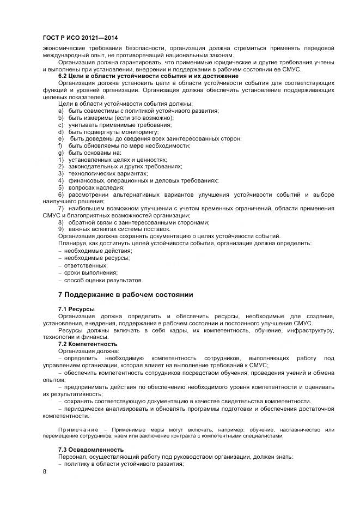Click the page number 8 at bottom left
[45, 471]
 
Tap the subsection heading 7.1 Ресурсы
[76, 309]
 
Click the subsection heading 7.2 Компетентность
[87, 344]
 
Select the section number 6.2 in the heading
[64, 76]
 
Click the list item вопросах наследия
[89, 187]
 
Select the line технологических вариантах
[100, 173]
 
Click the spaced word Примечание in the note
[77, 430]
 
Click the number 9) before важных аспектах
[61, 229]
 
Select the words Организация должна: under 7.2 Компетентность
[88, 351]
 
